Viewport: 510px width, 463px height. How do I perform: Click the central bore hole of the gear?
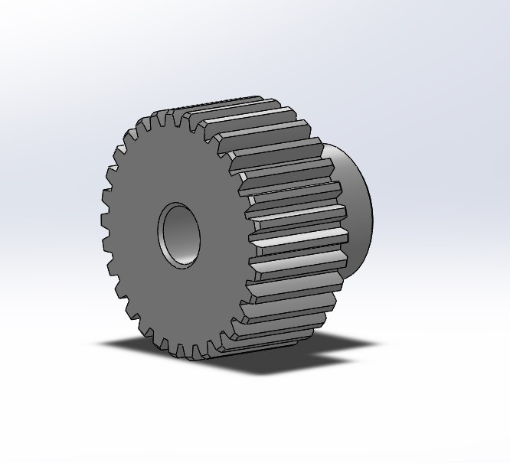click(x=178, y=234)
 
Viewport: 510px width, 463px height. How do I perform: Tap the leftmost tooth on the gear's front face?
click(x=105, y=222)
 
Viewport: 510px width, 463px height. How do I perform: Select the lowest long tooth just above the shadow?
click(x=268, y=337)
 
